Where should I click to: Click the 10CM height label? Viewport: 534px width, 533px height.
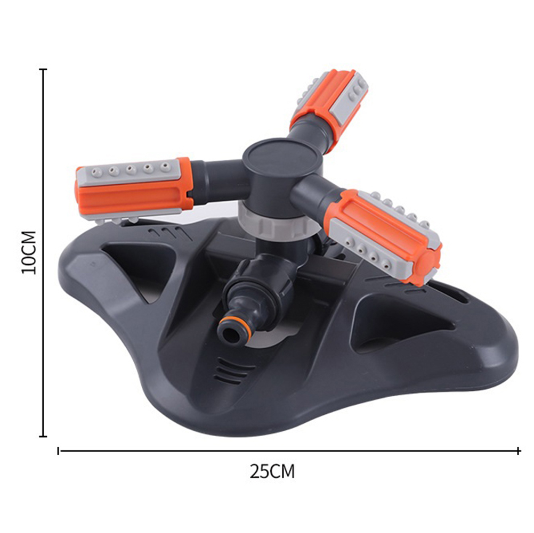[29, 252]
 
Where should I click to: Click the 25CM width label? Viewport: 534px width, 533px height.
[272, 471]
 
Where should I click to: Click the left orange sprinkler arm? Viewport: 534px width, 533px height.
[134, 189]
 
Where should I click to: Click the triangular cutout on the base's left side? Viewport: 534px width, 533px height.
[136, 266]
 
